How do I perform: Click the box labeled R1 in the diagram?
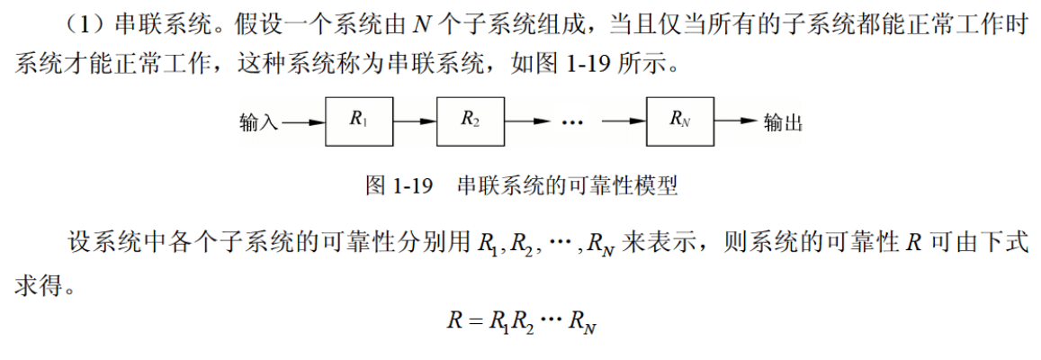(359, 121)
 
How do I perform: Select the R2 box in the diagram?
(471, 121)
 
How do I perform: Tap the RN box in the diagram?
(681, 121)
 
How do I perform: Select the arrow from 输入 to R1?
(303, 122)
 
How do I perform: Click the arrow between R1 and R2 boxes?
(415, 121)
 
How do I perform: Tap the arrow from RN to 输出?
(737, 121)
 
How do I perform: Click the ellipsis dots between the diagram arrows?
(571, 123)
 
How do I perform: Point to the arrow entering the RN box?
(624, 121)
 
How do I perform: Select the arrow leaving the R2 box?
(528, 121)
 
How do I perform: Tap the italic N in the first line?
(419, 26)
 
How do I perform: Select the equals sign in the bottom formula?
(474, 320)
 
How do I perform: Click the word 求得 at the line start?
(36, 286)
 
